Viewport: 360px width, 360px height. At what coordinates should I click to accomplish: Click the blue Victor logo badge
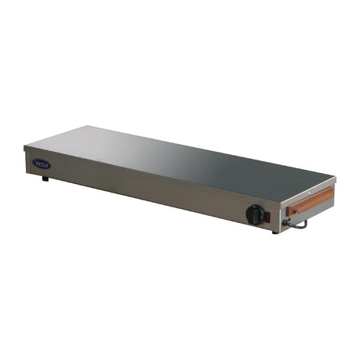tap(41, 164)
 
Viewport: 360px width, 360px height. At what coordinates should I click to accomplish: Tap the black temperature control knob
tap(255, 214)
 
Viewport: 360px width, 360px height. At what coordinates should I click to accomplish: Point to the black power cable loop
tap(297, 224)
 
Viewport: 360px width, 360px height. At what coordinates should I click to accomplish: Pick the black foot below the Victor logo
tap(45, 178)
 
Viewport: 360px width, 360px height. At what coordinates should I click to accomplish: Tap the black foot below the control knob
tap(275, 231)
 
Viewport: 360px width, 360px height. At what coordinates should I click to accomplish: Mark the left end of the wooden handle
tap(289, 210)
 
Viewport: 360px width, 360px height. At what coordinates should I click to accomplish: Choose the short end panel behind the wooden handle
tap(308, 203)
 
